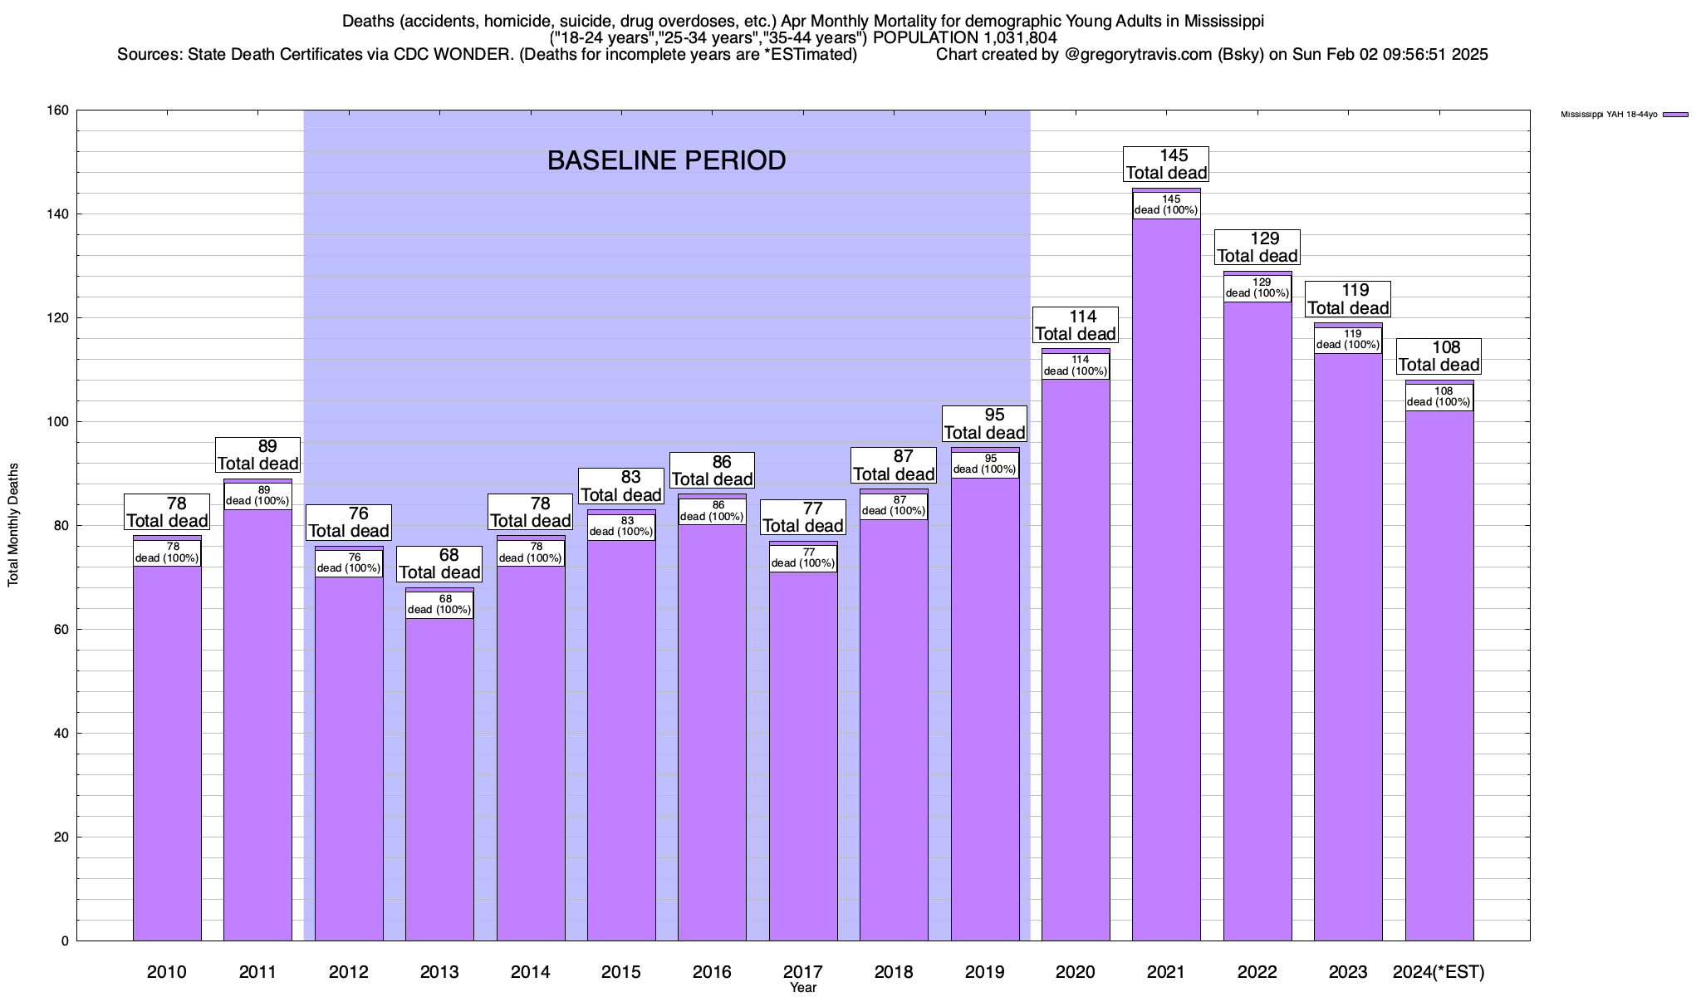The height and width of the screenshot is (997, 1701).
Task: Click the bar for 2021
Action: tap(1166, 582)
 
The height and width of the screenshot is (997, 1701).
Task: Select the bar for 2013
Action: tap(439, 773)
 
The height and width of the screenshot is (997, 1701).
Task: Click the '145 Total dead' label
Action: tap(1166, 164)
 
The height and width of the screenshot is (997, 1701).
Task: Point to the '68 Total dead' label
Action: tap(439, 563)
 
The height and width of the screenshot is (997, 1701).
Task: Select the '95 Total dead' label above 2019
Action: tap(985, 424)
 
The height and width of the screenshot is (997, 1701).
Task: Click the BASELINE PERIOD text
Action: tap(666, 160)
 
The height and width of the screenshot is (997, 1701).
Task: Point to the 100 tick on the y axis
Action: tap(58, 422)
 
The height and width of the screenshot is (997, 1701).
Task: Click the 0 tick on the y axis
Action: tap(64, 941)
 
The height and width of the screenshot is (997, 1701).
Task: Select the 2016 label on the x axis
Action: tap(712, 972)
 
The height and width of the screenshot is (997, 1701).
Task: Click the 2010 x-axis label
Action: tap(167, 972)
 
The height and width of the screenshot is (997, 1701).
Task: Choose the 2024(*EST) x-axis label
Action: tap(1439, 972)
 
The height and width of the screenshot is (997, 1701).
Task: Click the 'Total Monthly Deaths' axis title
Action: tap(13, 525)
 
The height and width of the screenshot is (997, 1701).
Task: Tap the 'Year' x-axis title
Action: tap(803, 988)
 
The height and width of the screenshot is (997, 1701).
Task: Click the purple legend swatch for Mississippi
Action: tap(1676, 115)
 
